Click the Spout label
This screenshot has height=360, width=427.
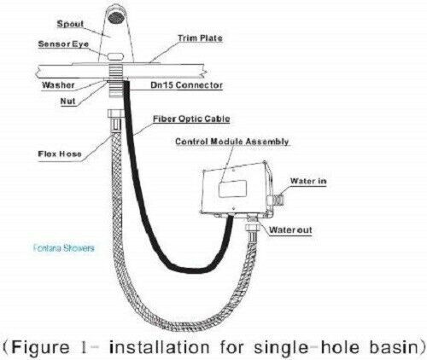point(70,24)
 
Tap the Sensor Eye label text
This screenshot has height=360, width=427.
point(63,44)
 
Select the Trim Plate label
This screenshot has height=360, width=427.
point(200,38)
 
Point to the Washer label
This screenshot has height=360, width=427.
point(58,85)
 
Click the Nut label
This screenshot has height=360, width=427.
point(67,101)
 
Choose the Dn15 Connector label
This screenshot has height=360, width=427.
point(186,85)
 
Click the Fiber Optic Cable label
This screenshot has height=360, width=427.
point(191,119)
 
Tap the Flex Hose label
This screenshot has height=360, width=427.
point(60,154)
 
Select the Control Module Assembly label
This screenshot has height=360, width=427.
point(232,142)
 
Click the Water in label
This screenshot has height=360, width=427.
point(308,181)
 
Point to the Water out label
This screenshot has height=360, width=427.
point(290,229)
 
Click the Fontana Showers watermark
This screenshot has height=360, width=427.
point(63,248)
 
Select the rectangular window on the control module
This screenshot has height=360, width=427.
point(232,189)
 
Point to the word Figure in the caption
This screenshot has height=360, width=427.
point(41,347)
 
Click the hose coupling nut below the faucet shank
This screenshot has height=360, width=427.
point(115,113)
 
